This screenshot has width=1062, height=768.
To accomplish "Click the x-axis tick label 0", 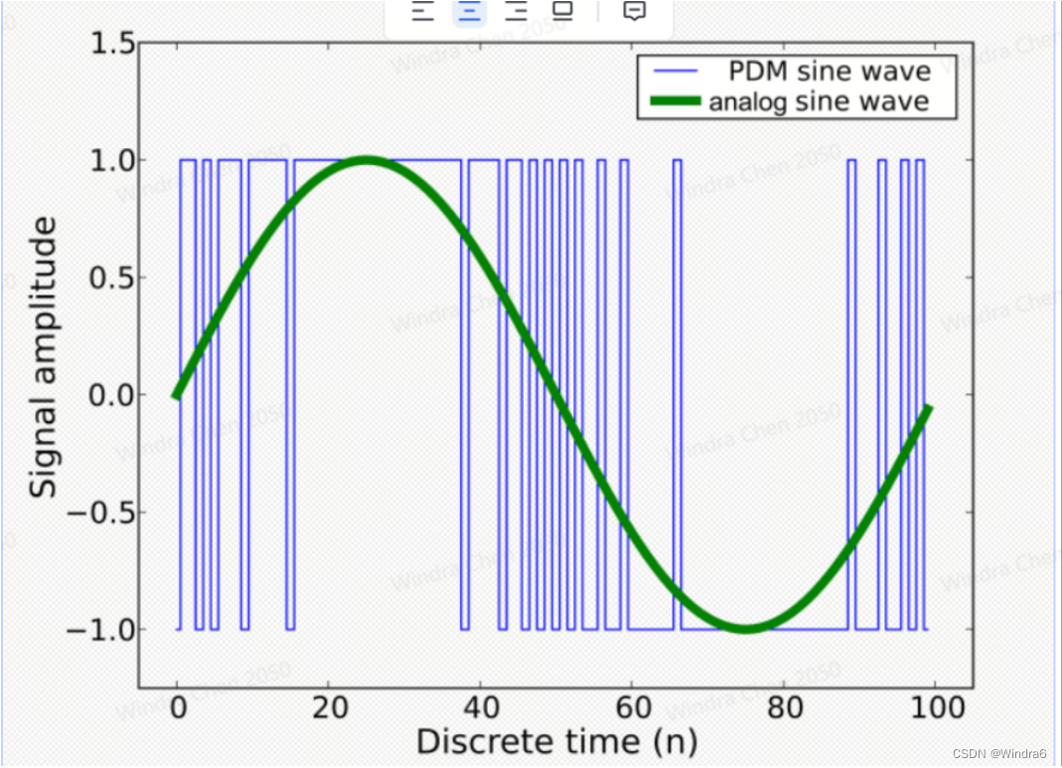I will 177,708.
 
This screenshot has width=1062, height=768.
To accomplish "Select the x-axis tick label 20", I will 329,708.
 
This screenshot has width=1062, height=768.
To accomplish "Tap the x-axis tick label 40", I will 480,708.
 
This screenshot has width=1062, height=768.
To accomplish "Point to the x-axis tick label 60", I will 632,708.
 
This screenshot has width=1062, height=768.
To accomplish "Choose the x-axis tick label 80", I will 783,708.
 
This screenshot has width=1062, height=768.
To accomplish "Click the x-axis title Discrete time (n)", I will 555,742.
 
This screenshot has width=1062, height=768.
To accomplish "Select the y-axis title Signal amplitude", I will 45,359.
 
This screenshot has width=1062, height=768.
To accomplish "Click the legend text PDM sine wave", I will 830,72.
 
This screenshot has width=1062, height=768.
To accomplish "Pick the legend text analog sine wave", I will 819,101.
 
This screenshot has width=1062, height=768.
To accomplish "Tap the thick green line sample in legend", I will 675,101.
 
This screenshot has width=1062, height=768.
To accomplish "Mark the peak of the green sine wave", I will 367,160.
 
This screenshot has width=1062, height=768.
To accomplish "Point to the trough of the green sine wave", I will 745,628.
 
